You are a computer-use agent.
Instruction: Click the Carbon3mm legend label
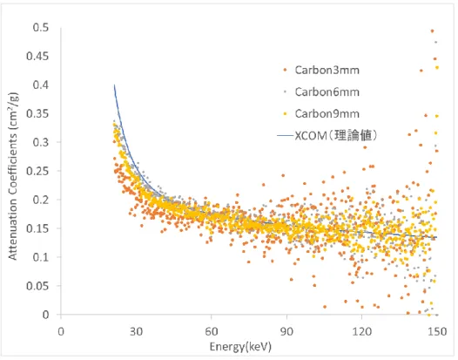point(327,71)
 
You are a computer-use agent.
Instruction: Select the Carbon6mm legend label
point(327,92)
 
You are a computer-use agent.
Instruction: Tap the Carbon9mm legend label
point(327,113)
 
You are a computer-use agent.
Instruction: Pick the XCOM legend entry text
point(336,135)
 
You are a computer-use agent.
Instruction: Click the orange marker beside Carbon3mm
point(286,71)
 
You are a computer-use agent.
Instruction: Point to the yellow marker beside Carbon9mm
point(286,113)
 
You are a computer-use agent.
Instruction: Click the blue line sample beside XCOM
point(285,135)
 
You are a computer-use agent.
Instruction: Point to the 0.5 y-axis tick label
point(41,28)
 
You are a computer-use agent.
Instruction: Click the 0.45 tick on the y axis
point(37,56)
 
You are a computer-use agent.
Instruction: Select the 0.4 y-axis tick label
point(41,85)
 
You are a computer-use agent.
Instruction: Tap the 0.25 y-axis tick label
point(37,171)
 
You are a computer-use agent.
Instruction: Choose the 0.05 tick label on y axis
point(37,286)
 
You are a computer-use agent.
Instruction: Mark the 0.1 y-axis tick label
point(41,257)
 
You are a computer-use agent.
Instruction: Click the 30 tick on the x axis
point(136,331)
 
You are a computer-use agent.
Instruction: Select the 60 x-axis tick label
point(212,331)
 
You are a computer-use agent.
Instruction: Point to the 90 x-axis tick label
point(286,331)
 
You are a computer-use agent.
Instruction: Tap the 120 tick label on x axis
point(362,331)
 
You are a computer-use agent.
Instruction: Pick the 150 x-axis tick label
point(437,331)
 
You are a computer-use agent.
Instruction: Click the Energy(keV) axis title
point(240,347)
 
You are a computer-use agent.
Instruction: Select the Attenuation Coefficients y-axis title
point(13,176)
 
